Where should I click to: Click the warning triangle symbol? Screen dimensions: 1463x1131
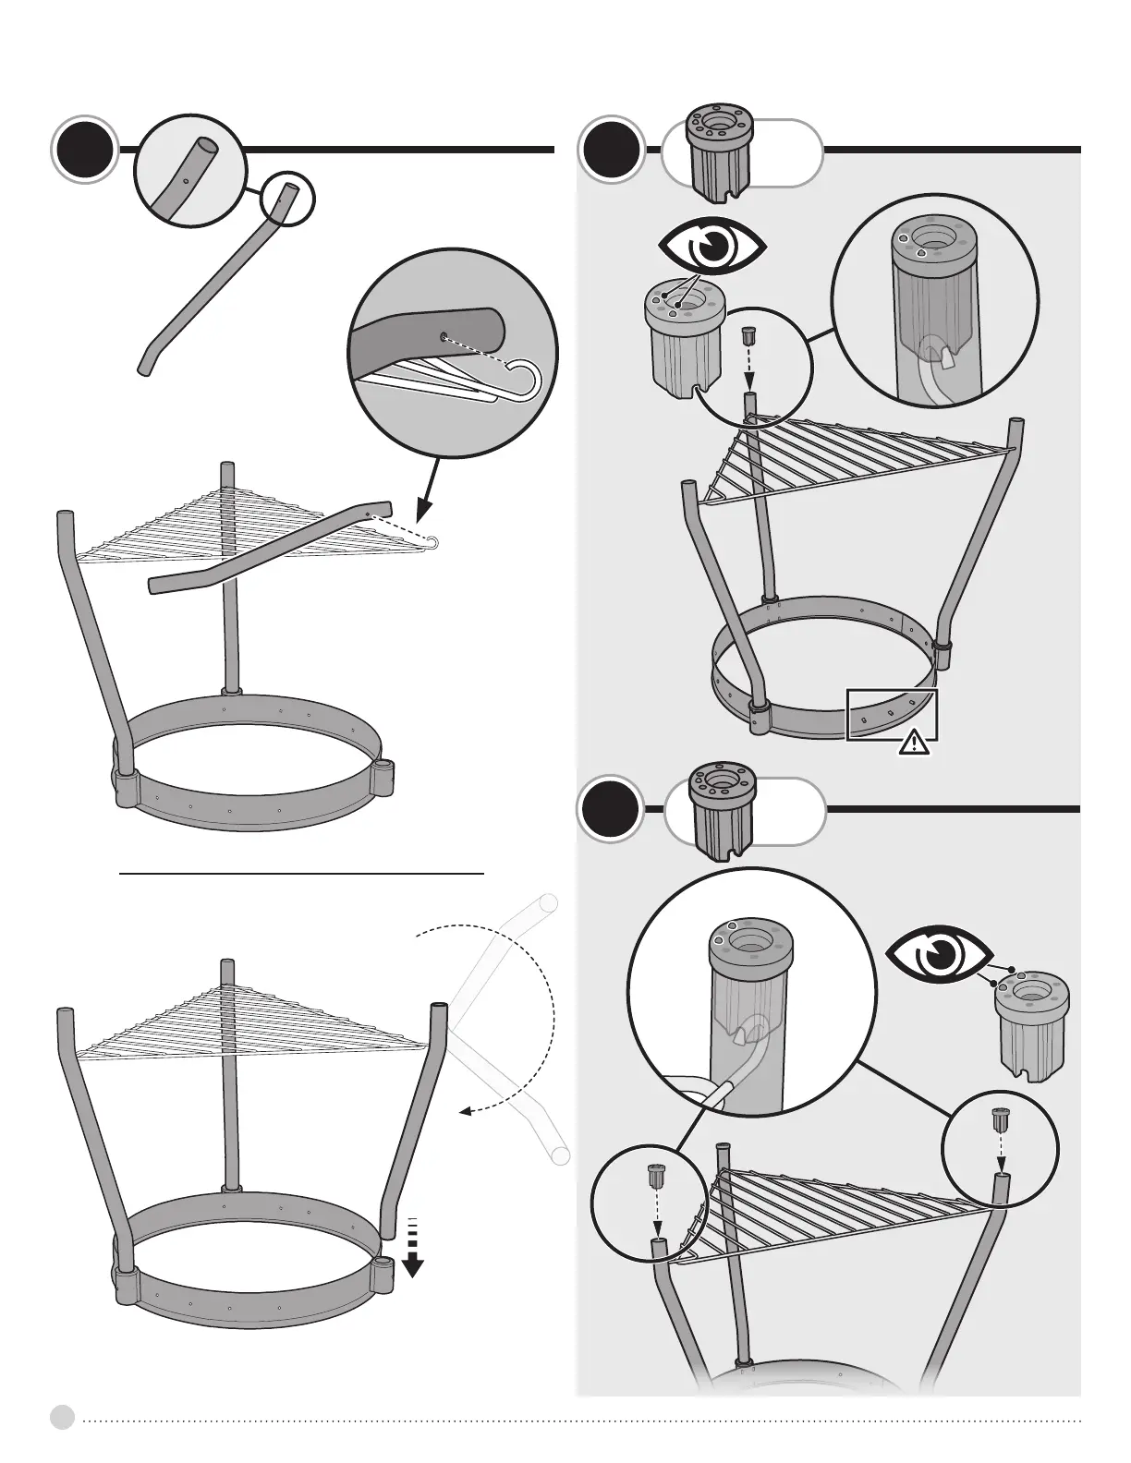coord(915,742)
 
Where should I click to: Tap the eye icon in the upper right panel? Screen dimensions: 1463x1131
coord(711,246)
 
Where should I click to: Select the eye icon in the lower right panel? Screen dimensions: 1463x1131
coord(940,955)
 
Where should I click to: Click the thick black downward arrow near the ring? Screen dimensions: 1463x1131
coord(412,1259)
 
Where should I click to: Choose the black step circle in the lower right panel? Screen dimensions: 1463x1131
coord(611,810)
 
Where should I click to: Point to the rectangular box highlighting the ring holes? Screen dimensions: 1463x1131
coord(893,714)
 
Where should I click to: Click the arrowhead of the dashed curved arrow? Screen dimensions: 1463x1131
coord(466,1114)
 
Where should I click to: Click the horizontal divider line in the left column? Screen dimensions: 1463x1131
coord(302,871)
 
